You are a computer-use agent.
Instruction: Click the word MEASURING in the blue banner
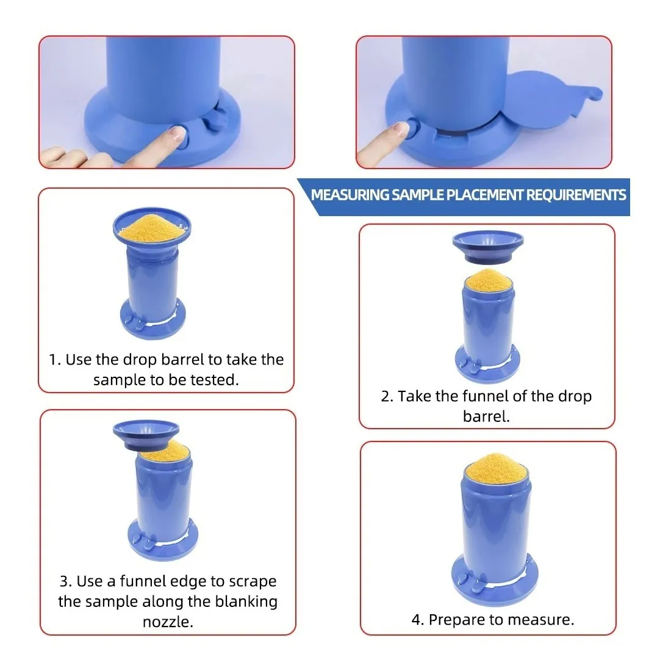pyautogui.click(x=350, y=195)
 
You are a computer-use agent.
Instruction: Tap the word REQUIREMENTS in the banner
pyautogui.click(x=576, y=195)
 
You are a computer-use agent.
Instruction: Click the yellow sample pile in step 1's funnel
pyautogui.click(x=151, y=229)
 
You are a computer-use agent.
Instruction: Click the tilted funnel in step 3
pyautogui.click(x=146, y=435)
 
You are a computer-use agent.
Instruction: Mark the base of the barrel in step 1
pyautogui.click(x=152, y=319)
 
